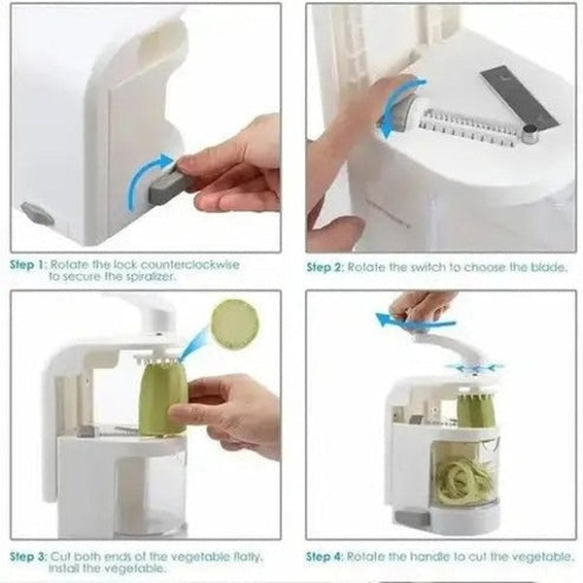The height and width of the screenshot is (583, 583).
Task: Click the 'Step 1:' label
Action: pos(28,263)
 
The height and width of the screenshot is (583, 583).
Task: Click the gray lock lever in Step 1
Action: pos(164,184)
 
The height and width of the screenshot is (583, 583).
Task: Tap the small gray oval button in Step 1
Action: pos(37,213)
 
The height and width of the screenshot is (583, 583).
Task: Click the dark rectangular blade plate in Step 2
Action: pos(519,97)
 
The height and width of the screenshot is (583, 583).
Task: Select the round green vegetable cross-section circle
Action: pos(235,324)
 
